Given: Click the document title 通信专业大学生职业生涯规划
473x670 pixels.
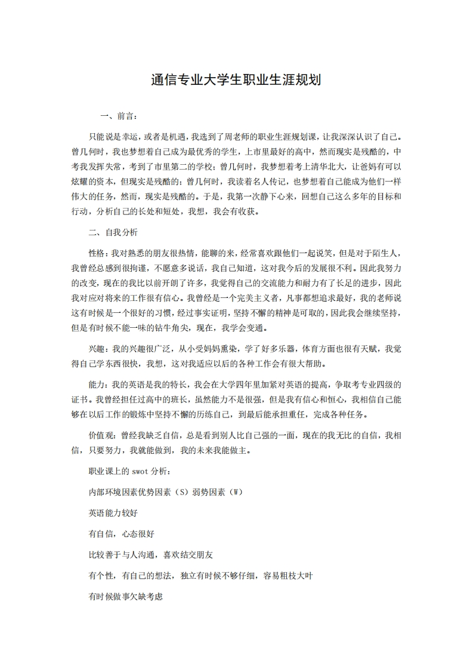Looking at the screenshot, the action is pos(236,79).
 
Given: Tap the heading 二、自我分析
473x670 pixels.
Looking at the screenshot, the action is pos(113,232).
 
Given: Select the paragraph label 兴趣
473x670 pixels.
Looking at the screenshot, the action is pos(97,349).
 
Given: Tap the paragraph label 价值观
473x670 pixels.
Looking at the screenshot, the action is pos(102,435).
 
